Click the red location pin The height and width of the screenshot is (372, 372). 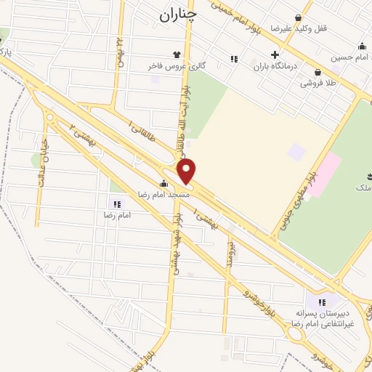(187, 172)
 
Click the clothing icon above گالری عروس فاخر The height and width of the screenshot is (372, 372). (175, 54)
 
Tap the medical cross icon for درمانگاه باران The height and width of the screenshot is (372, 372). (275, 54)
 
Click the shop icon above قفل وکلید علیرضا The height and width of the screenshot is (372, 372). (297, 16)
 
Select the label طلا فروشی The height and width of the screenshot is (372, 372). (321, 83)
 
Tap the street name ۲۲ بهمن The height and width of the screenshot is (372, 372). (119, 52)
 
